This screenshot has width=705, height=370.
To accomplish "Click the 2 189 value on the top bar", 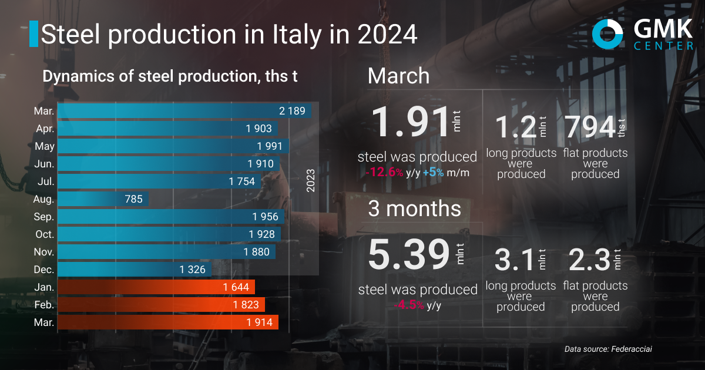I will pyautogui.click(x=292, y=111).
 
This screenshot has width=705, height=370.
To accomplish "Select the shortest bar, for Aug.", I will pyautogui.click(x=104, y=199).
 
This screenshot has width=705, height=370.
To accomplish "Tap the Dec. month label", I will pyautogui.click(x=44, y=270).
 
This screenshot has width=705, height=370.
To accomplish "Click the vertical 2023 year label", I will pyautogui.click(x=311, y=181).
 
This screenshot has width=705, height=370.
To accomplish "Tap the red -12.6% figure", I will pyautogui.click(x=384, y=173).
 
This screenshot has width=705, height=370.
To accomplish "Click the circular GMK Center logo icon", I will pyautogui.click(x=607, y=33).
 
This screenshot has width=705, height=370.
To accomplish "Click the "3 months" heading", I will pyautogui.click(x=414, y=209).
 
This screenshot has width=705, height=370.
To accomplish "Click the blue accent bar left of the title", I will pyautogui.click(x=33, y=34).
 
